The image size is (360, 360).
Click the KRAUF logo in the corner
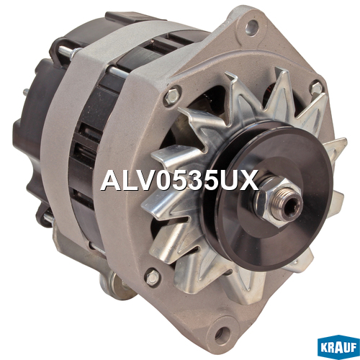point(338,348)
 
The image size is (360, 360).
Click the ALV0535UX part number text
point(179,181)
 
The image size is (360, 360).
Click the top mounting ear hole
point(252,27)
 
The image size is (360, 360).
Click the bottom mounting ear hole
point(222,333)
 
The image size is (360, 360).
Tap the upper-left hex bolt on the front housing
point(173,96)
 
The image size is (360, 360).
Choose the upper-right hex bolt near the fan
point(316,88)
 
